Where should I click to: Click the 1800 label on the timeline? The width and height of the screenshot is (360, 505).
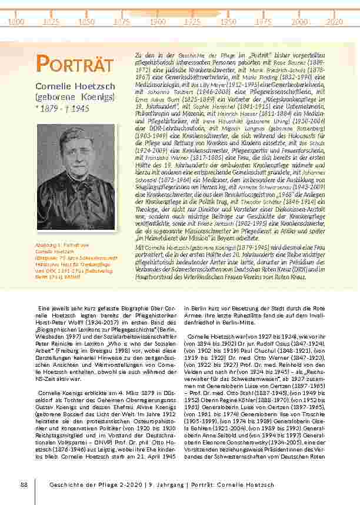[16, 21]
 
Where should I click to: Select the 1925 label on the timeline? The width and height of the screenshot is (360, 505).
[192, 21]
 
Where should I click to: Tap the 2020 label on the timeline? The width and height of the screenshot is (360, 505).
[334, 21]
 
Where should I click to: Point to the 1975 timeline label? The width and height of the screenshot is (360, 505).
[263, 21]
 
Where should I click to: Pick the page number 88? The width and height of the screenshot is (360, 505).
[24, 484]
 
